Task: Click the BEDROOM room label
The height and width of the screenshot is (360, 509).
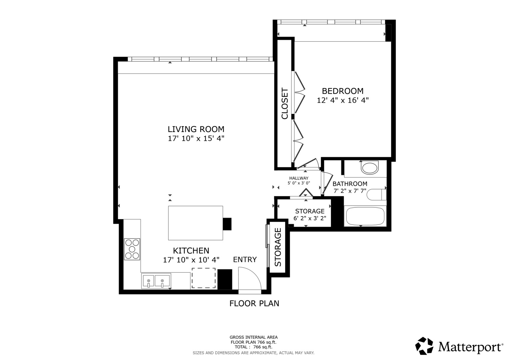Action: [343, 91]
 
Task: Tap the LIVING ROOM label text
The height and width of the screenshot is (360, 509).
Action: [196, 129]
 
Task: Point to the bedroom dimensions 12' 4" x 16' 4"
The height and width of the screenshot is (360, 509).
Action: [343, 100]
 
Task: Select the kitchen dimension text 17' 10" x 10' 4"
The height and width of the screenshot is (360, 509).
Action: [191, 260]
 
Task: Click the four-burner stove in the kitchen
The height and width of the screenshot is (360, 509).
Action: [132, 249]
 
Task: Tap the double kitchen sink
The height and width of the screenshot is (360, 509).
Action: [156, 281]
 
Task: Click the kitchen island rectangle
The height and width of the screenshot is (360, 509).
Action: [195, 223]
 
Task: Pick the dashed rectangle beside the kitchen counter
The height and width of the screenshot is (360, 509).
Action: [204, 278]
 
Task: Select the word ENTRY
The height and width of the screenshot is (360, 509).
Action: [245, 260]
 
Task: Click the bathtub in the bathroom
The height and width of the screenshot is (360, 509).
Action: [365, 216]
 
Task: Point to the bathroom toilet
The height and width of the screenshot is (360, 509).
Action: [377, 195]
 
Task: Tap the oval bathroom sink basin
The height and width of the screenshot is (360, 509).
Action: [370, 168]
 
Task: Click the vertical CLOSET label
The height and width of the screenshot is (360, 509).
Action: [285, 103]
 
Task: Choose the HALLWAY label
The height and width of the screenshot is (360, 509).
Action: [299, 178]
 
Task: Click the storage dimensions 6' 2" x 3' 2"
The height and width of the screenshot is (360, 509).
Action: [310, 218]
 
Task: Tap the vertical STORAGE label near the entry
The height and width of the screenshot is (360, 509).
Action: [278, 247]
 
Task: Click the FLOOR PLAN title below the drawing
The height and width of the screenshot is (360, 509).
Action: [254, 303]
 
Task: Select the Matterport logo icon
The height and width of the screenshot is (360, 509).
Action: [424, 346]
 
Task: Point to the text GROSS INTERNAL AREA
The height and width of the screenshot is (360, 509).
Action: [254, 337]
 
